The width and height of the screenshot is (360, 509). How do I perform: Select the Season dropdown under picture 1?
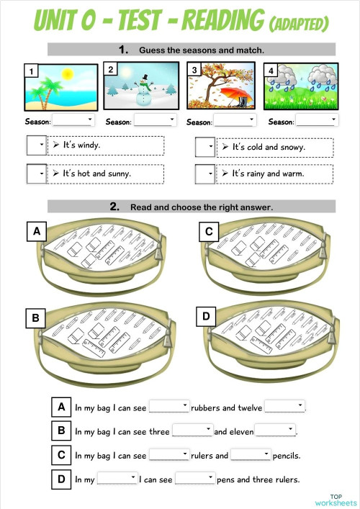click(73, 121)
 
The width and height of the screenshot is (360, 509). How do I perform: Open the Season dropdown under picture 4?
click(316, 121)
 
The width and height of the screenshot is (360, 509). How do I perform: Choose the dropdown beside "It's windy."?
click(35, 145)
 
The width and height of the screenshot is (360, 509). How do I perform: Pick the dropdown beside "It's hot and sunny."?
click(35, 174)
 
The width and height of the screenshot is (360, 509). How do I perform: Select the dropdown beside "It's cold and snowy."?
click(205, 147)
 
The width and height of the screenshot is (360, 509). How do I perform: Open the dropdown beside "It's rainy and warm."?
click(205, 174)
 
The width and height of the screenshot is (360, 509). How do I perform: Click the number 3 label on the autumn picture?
click(194, 71)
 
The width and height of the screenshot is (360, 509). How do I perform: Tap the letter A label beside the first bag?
click(34, 231)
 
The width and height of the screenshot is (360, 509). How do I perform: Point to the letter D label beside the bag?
click(207, 316)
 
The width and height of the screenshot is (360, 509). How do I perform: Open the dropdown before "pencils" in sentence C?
click(250, 455)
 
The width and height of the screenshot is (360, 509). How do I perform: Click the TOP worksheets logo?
click(335, 499)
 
